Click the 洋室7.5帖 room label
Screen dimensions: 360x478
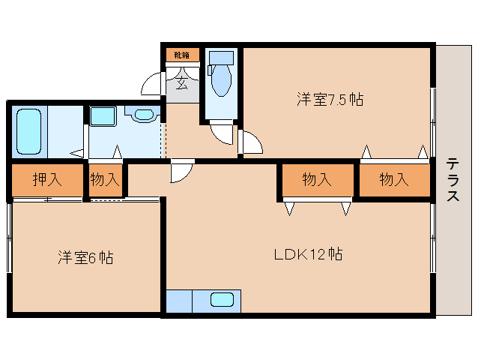coord(329,100)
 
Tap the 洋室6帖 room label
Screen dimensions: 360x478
coord(85,258)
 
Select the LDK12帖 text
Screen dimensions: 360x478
coord(307,254)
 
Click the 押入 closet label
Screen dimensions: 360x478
coord(46,180)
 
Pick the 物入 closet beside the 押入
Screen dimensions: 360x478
coord(105,180)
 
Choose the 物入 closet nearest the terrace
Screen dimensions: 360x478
coord(393,180)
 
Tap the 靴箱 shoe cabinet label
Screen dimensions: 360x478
coord(182,55)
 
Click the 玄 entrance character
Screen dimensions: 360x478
coord(182,82)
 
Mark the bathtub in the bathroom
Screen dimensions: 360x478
coord(28,131)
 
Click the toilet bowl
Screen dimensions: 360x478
coord(222,82)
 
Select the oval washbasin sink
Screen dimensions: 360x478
coord(143,115)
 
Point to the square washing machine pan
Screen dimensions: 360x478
coord(102,116)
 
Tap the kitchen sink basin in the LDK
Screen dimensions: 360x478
coord(222,300)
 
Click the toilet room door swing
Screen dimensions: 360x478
coord(223,133)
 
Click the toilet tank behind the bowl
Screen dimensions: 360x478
coord(222,58)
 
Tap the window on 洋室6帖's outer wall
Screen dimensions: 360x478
coord(10,240)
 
